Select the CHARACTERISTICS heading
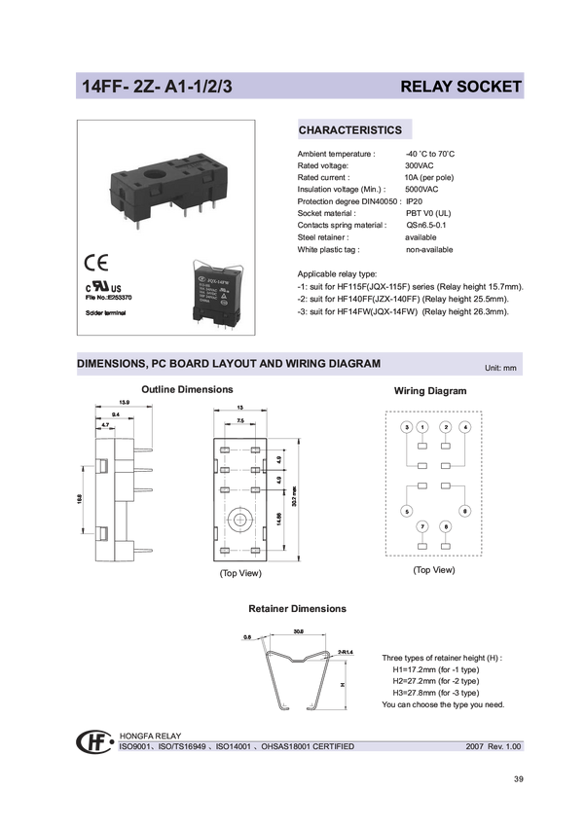[349, 130]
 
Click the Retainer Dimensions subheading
[297, 609]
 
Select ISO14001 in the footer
[233, 746]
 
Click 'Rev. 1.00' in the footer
[506, 746]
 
